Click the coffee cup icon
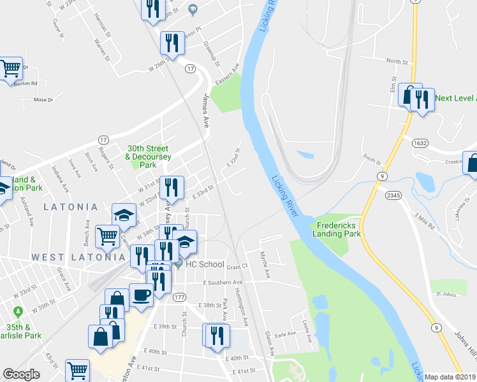click(141, 295)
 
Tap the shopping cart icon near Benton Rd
click(10, 67)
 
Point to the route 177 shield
click(179, 297)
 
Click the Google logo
click(22, 374)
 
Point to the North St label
click(397, 61)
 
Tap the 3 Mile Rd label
click(423, 222)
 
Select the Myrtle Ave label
click(265, 265)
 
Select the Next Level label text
click(455, 98)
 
